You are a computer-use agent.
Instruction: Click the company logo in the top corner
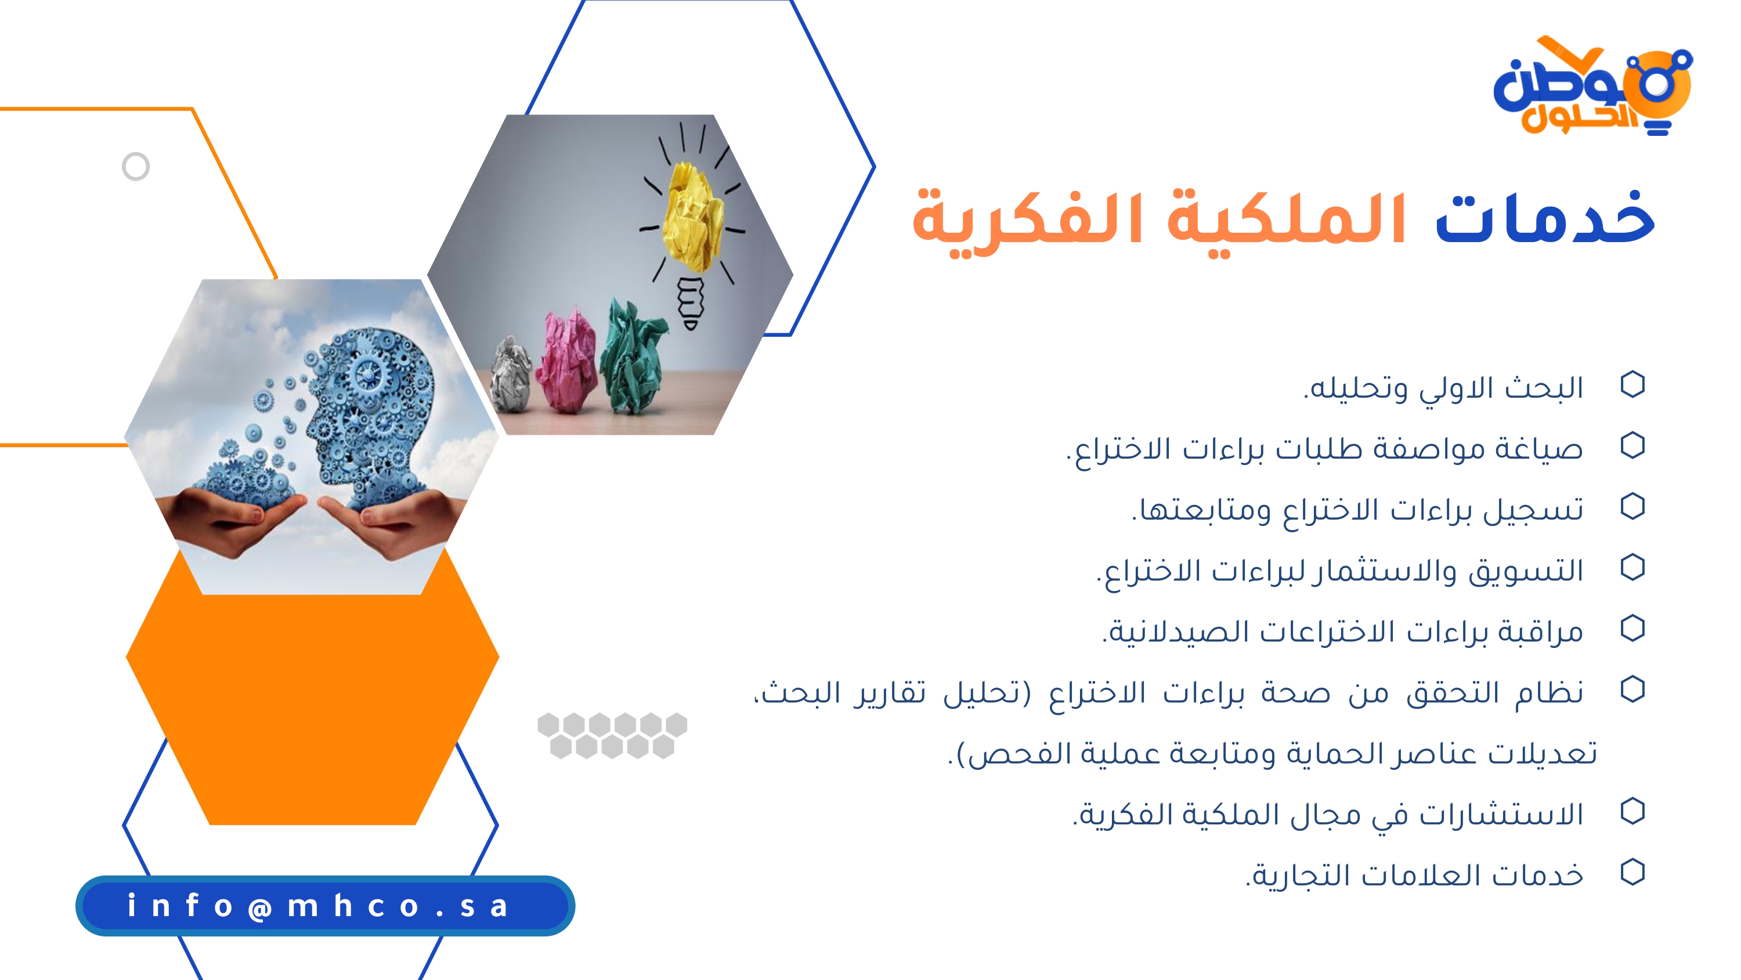(x=1592, y=86)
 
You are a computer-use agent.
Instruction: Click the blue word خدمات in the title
(x=1544, y=218)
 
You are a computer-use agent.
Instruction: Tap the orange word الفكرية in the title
(x=1028, y=223)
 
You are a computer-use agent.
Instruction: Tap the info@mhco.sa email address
(x=317, y=906)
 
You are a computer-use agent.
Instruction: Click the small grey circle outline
(x=136, y=167)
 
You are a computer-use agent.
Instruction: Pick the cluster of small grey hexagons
(x=612, y=735)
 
